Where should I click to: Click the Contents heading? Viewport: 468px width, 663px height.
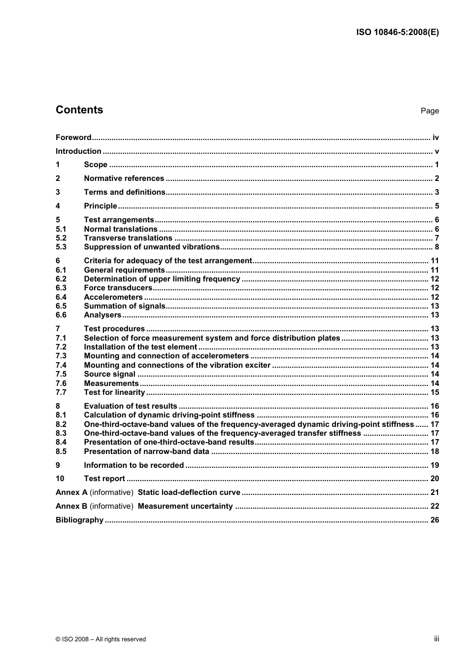(79, 110)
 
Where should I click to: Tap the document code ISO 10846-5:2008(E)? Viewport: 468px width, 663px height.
(397, 33)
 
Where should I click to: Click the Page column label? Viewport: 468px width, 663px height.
(430, 111)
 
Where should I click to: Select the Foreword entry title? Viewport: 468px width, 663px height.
(73, 138)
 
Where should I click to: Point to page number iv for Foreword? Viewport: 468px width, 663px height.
(435, 138)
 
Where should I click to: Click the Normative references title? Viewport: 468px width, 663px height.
(124, 178)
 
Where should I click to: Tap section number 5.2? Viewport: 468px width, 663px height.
(61, 238)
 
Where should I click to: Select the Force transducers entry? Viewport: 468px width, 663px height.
(118, 288)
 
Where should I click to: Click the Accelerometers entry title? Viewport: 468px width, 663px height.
(113, 297)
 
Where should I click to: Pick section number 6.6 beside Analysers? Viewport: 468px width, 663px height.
(61, 315)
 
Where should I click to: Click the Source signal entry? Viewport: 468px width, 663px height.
(109, 374)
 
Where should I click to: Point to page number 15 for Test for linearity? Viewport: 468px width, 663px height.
(435, 392)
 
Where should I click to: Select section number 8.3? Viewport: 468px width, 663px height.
(61, 433)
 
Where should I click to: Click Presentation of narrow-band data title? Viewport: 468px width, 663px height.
(147, 452)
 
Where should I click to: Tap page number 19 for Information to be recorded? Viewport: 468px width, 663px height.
(435, 465)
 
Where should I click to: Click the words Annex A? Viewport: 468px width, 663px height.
(71, 492)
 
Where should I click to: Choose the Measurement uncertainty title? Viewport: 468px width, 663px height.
(185, 506)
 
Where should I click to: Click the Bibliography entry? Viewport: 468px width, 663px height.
(79, 520)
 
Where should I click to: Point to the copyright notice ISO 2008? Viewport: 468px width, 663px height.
(100, 639)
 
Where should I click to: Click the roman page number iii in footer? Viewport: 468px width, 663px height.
(436, 639)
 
